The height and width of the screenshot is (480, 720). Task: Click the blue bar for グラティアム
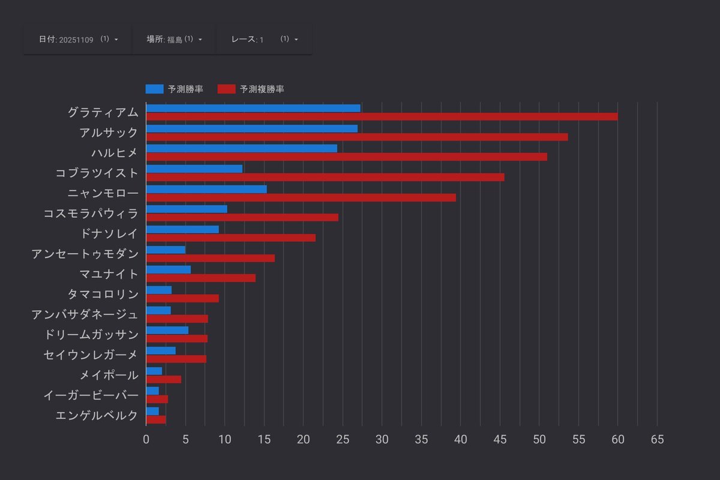(253, 108)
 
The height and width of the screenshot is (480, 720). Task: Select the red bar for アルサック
(356, 137)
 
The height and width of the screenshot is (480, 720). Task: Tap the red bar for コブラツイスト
(325, 177)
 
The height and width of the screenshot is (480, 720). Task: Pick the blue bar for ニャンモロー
(206, 189)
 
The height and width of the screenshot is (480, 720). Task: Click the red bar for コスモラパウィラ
(242, 217)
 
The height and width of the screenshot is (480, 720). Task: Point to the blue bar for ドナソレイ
(182, 229)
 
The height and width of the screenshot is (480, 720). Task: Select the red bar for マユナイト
(200, 278)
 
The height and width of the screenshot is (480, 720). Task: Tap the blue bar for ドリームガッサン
(167, 330)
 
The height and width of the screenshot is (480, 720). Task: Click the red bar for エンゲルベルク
(155, 419)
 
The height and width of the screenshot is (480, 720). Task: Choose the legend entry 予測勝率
(174, 89)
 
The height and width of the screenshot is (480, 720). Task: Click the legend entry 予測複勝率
(251, 89)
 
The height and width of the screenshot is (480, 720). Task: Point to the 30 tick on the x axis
(382, 439)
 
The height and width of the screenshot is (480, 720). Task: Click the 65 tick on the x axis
(657, 439)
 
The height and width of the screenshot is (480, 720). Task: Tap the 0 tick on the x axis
(146, 439)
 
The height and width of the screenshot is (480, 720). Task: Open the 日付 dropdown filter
(78, 39)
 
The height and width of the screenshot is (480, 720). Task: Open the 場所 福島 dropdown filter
(174, 39)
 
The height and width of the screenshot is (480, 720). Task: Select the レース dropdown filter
(264, 39)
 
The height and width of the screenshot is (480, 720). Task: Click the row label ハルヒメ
(115, 153)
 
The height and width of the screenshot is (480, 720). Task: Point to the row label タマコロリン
(103, 294)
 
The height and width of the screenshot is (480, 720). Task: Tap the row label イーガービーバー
(91, 395)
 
